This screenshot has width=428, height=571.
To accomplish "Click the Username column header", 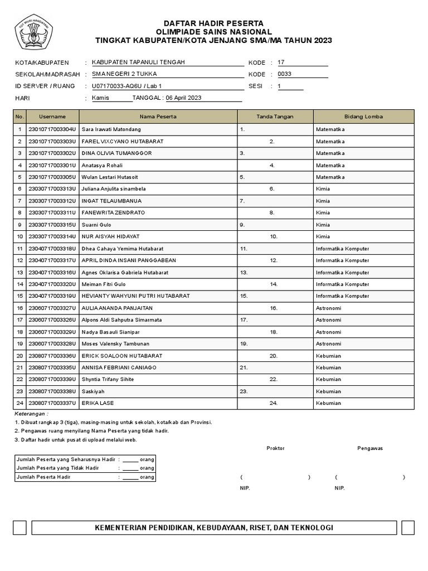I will click(52, 117).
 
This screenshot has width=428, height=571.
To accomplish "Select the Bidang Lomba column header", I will click(363, 117).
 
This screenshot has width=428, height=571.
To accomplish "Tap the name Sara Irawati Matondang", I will click(111, 129).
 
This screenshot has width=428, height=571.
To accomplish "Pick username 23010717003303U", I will click(52, 141).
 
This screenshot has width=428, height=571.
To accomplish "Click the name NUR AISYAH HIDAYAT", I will click(110, 236).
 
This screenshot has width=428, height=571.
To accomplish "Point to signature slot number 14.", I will click(274, 284).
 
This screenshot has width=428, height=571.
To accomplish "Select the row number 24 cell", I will click(20, 403).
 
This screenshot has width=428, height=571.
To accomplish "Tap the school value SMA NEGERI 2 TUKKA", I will click(119, 74).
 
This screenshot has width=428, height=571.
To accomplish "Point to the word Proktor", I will click(275, 448).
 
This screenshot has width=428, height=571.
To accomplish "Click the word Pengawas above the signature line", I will click(370, 448).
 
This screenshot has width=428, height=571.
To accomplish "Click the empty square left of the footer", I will click(20, 528).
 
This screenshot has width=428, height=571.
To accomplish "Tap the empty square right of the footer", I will click(407, 528).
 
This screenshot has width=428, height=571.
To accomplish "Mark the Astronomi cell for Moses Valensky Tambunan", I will click(328, 344).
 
